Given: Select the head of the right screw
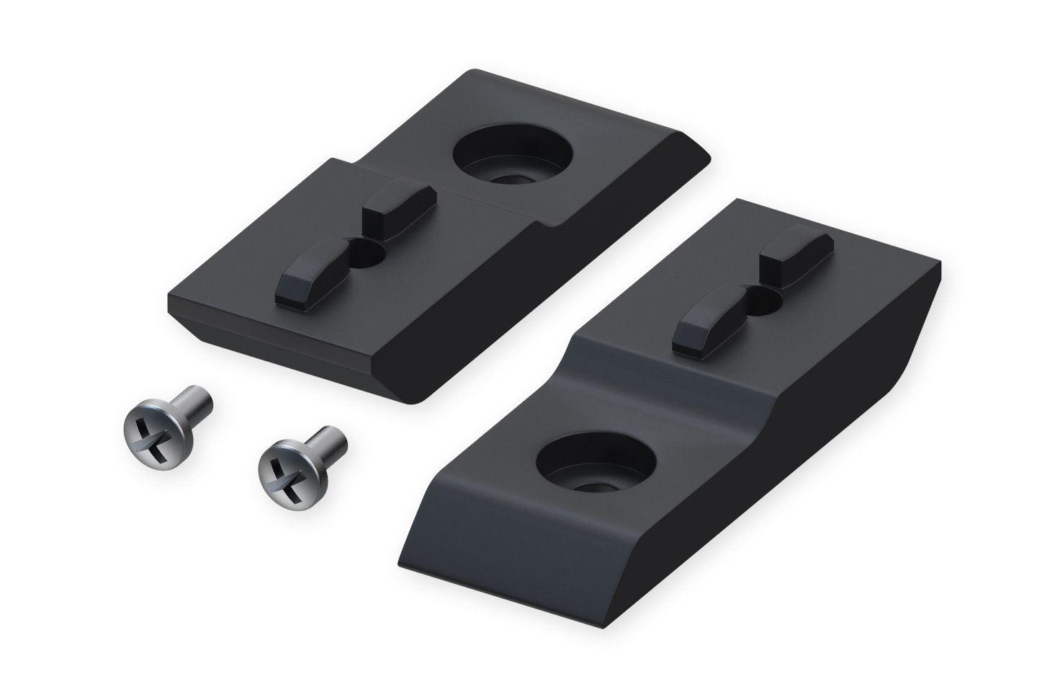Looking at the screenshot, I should point(283,472).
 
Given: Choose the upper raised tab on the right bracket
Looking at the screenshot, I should point(796,256).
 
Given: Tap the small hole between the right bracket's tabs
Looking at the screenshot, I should point(765,298).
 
